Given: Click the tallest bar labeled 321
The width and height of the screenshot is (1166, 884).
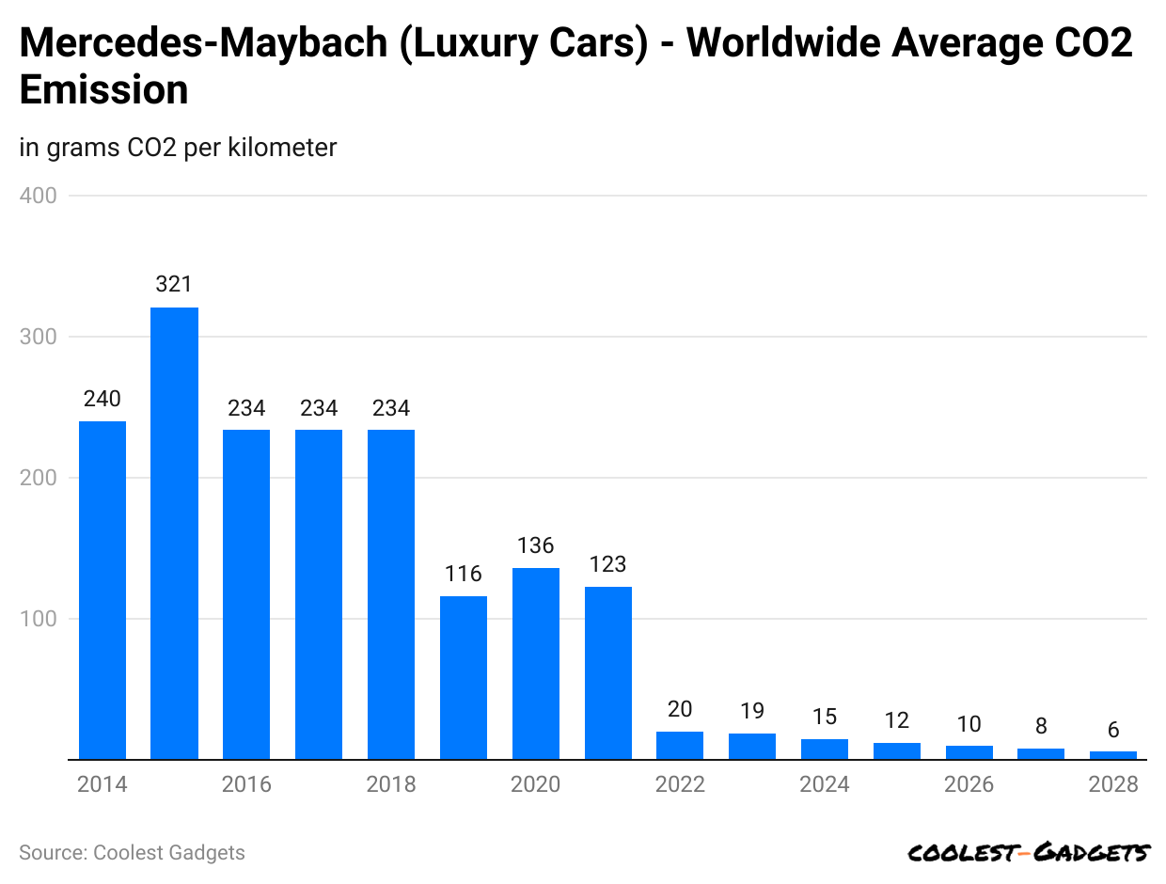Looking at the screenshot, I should coord(174,532).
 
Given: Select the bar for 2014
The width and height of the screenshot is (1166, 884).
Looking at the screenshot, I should coord(102,590).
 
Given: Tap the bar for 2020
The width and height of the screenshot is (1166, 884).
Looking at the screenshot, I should coord(536,663).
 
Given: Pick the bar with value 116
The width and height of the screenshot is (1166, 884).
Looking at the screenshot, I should coord(464,677).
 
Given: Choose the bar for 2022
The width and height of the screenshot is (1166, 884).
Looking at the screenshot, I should coord(680,746).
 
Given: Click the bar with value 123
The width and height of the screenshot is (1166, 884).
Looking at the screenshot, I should coord(608,672).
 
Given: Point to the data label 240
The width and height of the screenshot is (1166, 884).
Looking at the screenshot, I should coord(102,399).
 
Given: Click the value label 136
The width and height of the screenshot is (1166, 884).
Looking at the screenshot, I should coord(536,545).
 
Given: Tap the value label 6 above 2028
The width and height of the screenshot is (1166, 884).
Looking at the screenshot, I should coord(1113,730).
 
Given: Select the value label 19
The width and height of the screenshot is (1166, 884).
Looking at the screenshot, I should coord(752,711).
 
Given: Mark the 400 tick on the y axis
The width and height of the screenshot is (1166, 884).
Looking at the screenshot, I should coord(38,196).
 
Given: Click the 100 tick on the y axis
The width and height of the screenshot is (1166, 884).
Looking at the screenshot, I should coord(38,619).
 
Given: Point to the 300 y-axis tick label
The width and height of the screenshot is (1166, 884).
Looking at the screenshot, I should coord(38,337).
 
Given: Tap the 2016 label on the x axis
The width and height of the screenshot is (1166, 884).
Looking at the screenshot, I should coord(246,784).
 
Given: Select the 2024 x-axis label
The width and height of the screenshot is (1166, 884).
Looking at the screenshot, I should coord(825,784).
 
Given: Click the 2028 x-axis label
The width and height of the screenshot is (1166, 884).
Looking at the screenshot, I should coord(1113,784).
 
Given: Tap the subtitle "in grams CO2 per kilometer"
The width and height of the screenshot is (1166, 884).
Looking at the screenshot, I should coord(178,148).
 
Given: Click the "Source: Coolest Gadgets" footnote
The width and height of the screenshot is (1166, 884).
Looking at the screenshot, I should coord(132,853).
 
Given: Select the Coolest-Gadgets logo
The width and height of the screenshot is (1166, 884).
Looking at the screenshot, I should coord(1029,853).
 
